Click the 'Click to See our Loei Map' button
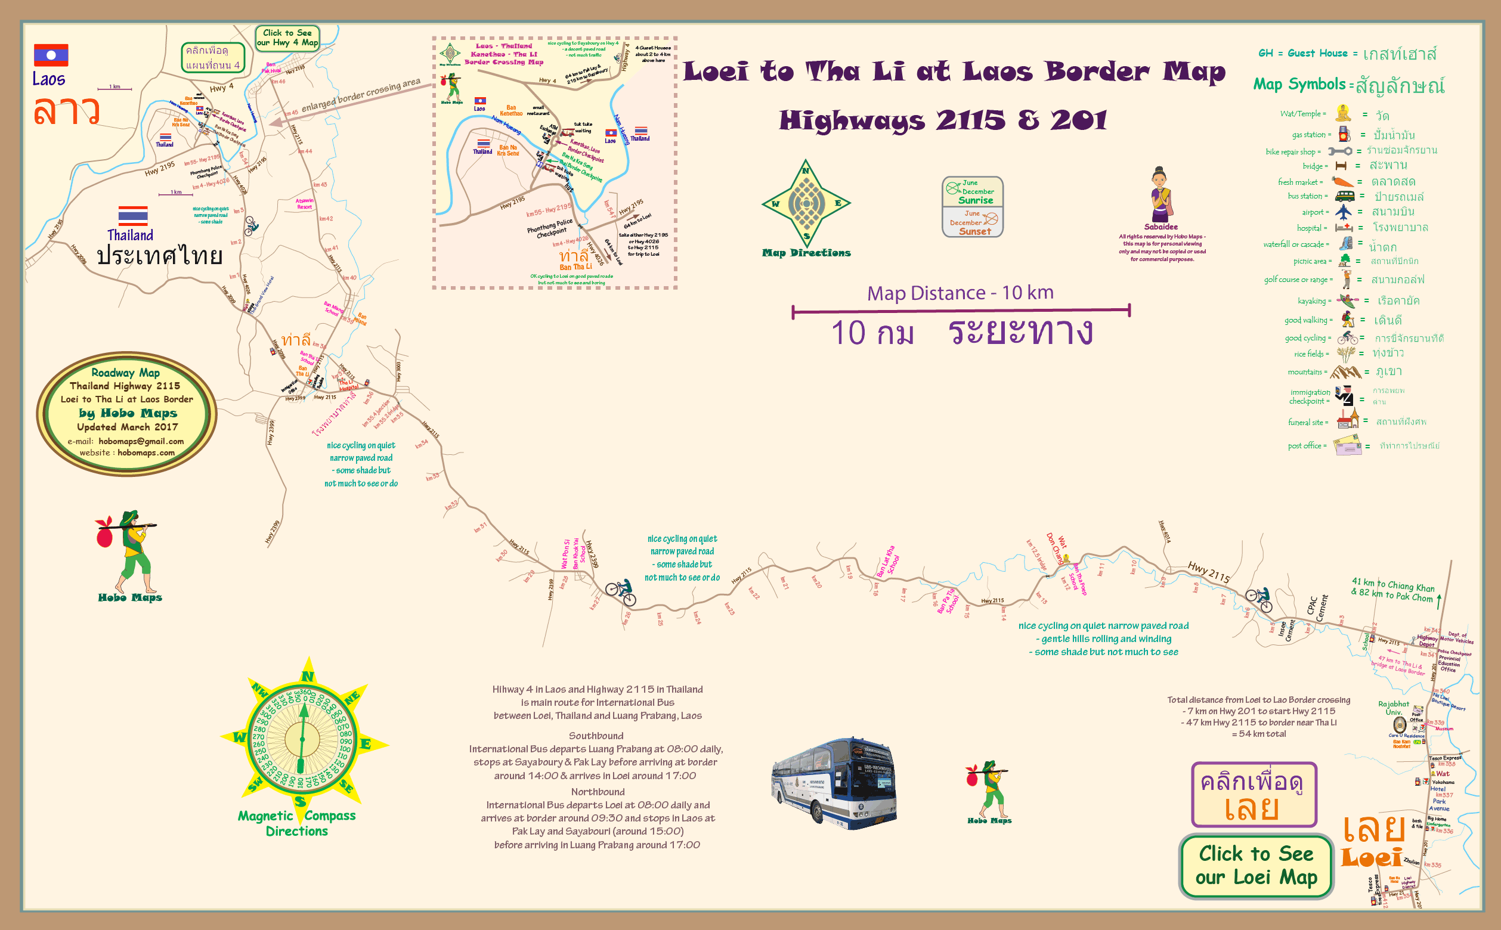[x=1255, y=866]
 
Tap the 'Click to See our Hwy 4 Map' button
[x=287, y=38]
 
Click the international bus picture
[x=834, y=782]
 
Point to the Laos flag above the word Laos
[x=51, y=55]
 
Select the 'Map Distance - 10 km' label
[x=960, y=293]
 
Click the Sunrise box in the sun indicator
[x=973, y=192]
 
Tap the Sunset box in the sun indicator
[x=973, y=222]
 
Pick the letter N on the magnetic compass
[x=308, y=676]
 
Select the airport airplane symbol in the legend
[x=1344, y=212]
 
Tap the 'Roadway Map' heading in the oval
[x=125, y=373]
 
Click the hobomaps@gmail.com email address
[x=141, y=441]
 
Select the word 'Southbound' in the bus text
[x=596, y=736]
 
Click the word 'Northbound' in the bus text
[x=598, y=792]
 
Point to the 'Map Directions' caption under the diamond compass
[x=806, y=253]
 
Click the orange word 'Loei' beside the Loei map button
[x=1371, y=857]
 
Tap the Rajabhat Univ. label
[x=1392, y=708]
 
